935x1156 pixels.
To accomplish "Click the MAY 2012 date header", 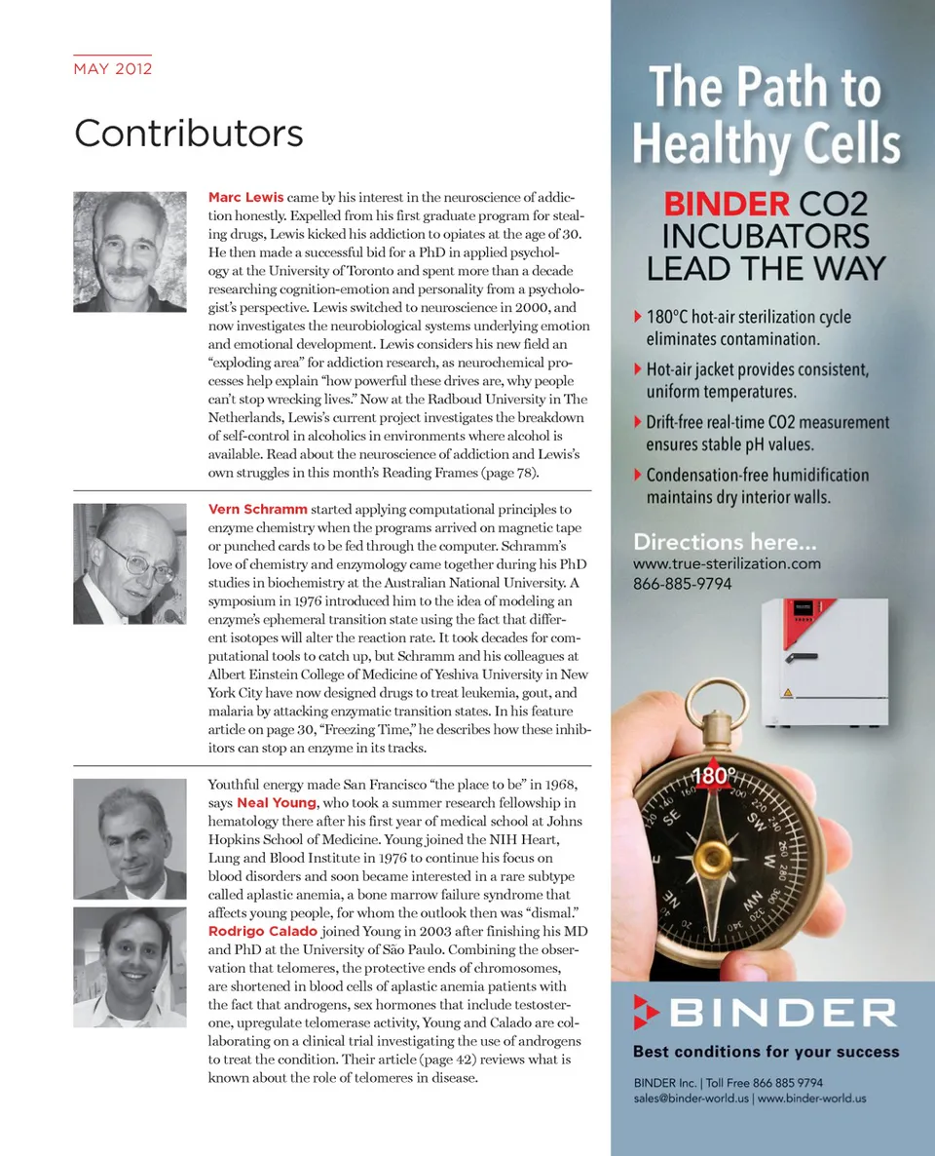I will (x=113, y=69).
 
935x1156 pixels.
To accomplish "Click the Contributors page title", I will (x=188, y=133).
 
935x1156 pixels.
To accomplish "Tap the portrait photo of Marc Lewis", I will (x=130, y=250).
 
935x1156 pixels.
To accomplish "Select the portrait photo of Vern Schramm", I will (x=130, y=563).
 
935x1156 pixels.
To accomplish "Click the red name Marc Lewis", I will (x=245, y=197).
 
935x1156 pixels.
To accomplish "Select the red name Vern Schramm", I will (x=258, y=509).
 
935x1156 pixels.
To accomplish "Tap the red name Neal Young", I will (x=277, y=802).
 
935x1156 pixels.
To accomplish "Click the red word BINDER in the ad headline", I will (x=727, y=204).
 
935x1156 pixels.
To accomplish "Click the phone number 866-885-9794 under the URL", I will (x=682, y=584).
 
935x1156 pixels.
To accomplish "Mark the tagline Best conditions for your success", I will (x=766, y=1052).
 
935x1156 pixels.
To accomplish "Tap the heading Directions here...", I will (x=725, y=542).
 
